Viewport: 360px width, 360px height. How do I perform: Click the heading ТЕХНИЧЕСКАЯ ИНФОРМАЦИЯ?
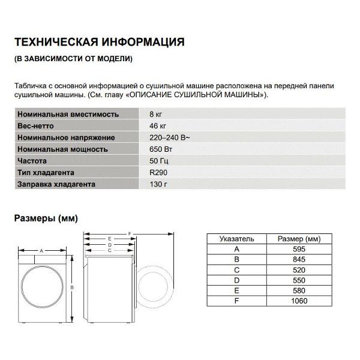coord(98,43)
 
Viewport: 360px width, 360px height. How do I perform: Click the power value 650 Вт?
coord(159,149)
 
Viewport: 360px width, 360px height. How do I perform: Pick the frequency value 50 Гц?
coord(158,161)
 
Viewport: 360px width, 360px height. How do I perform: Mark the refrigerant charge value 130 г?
coord(157,184)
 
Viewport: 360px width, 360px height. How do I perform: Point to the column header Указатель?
coord(237,238)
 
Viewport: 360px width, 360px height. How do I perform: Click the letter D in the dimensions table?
coord(237,280)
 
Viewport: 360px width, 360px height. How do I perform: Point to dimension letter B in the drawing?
coord(72,288)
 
